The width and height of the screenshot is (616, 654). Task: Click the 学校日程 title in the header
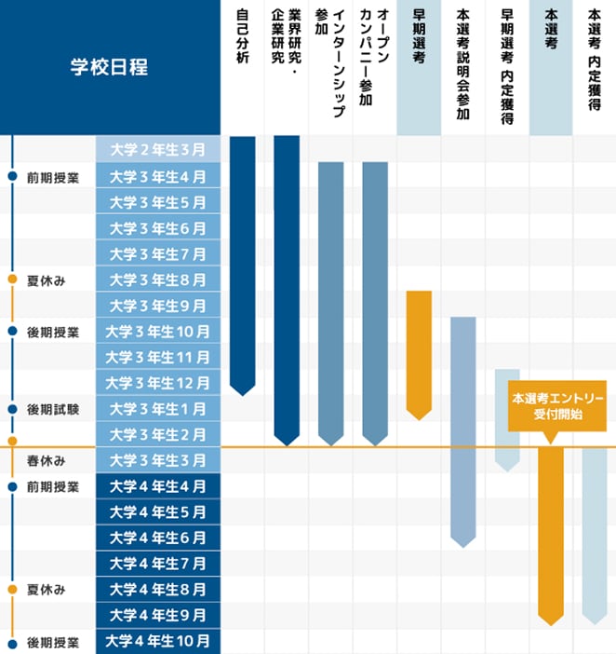110,67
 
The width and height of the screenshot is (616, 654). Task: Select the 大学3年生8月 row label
158,279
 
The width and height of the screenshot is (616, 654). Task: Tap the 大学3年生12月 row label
158,383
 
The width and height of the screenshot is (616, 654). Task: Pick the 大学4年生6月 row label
158,538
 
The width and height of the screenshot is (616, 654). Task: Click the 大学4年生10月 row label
158,641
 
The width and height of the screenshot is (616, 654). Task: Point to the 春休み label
46,460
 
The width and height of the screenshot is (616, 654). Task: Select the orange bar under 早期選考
419,349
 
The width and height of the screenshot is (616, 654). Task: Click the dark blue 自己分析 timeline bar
242,261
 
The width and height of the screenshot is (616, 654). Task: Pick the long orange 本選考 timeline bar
551,531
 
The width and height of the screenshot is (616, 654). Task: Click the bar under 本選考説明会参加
462,429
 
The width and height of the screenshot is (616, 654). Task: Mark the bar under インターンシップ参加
330,298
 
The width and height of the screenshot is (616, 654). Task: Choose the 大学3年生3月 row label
158,460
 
